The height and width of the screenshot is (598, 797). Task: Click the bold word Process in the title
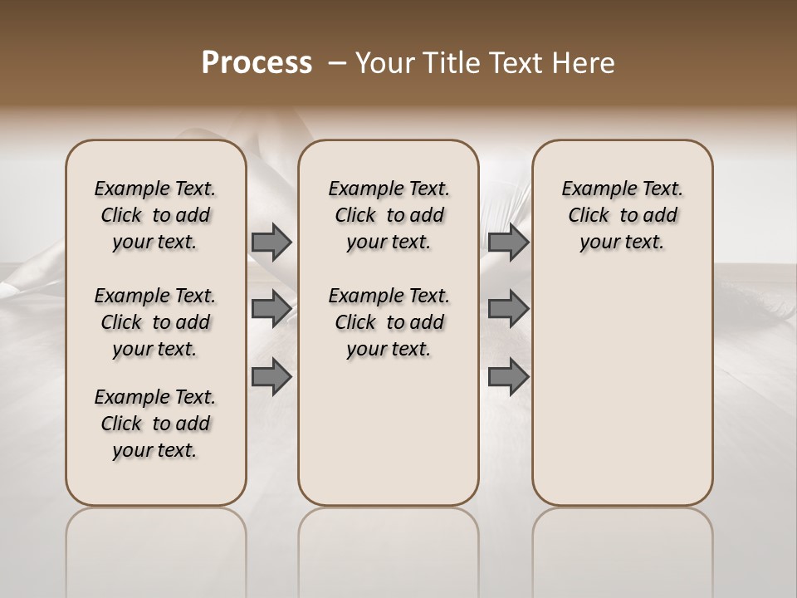click(x=257, y=63)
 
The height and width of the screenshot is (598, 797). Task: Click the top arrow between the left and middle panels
click(x=271, y=242)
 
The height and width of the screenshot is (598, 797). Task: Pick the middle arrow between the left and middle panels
click(x=271, y=308)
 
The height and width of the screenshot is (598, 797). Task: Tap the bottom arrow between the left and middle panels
click(x=271, y=377)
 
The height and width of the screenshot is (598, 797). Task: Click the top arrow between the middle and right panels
click(x=508, y=242)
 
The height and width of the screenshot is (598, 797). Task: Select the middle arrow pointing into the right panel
click(x=508, y=308)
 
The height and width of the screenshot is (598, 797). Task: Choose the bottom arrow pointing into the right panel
click(x=508, y=377)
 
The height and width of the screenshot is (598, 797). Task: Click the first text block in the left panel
click(x=155, y=215)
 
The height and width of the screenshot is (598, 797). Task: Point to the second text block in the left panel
click(x=155, y=322)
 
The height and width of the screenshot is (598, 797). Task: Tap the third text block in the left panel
click(x=155, y=424)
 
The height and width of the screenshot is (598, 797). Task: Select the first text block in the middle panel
click(x=389, y=215)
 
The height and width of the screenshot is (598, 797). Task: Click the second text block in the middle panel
click(x=389, y=322)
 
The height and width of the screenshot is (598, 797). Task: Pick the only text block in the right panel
click(x=623, y=215)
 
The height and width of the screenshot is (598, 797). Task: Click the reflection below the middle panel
click(x=389, y=548)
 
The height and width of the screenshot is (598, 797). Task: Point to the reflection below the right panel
click(x=623, y=548)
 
